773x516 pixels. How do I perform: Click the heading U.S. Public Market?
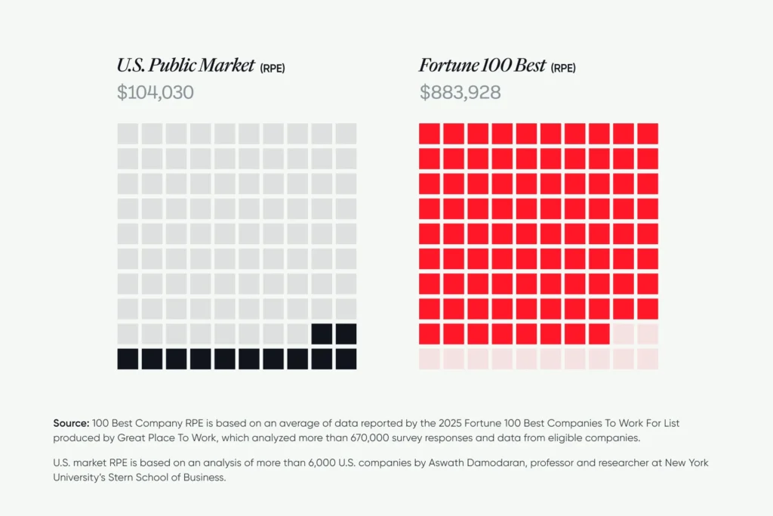[186, 66]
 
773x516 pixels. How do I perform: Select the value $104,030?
[156, 93]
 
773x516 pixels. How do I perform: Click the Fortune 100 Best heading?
[482, 66]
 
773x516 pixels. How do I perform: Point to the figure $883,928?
[460, 93]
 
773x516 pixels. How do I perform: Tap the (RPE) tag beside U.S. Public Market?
[273, 69]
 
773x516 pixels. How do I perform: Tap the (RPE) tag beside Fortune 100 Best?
[563, 69]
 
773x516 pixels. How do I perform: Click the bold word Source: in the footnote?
[71, 423]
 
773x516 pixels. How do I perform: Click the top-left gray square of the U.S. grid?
[128, 134]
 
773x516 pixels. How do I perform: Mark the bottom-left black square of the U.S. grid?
[128, 359]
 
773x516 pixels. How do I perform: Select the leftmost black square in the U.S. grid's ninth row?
[322, 334]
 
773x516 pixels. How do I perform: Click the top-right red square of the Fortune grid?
[648, 134]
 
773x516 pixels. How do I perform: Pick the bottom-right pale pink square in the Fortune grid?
[648, 359]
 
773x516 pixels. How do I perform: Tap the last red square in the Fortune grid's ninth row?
[599, 334]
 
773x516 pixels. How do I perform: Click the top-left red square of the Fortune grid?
[430, 134]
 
